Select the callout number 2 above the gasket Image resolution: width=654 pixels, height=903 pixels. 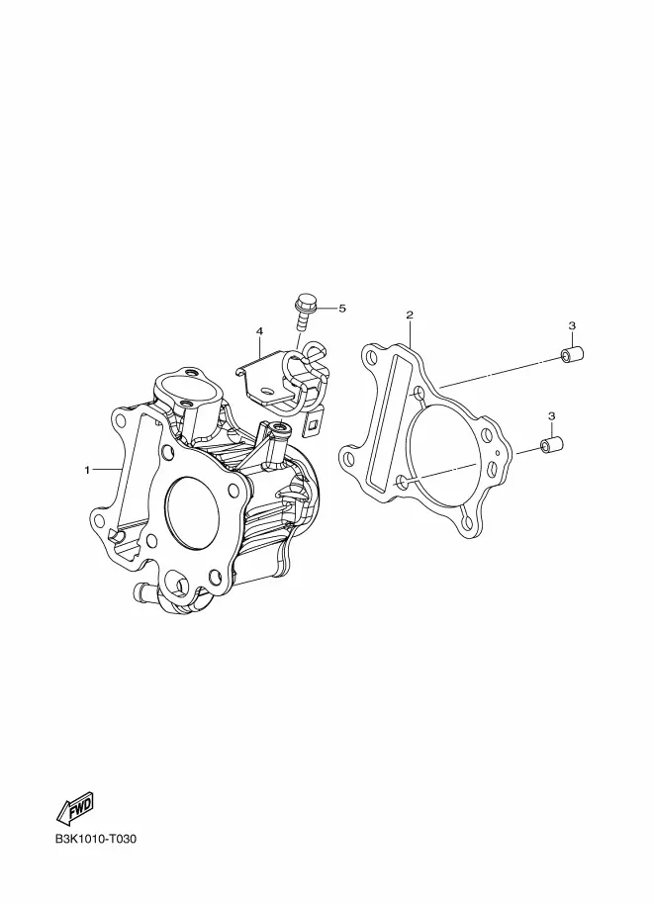tap(409, 315)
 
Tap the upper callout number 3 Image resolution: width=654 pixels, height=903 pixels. tap(572, 325)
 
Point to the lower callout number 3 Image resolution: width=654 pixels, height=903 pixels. tap(551, 415)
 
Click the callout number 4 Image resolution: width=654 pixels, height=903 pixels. tap(259, 331)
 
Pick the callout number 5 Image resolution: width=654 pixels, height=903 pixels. tap(342, 309)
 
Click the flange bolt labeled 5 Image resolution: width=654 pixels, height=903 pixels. tap(304, 312)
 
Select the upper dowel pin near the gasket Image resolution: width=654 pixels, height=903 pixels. tap(573, 354)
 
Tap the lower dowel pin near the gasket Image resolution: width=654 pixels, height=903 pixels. tap(551, 445)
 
